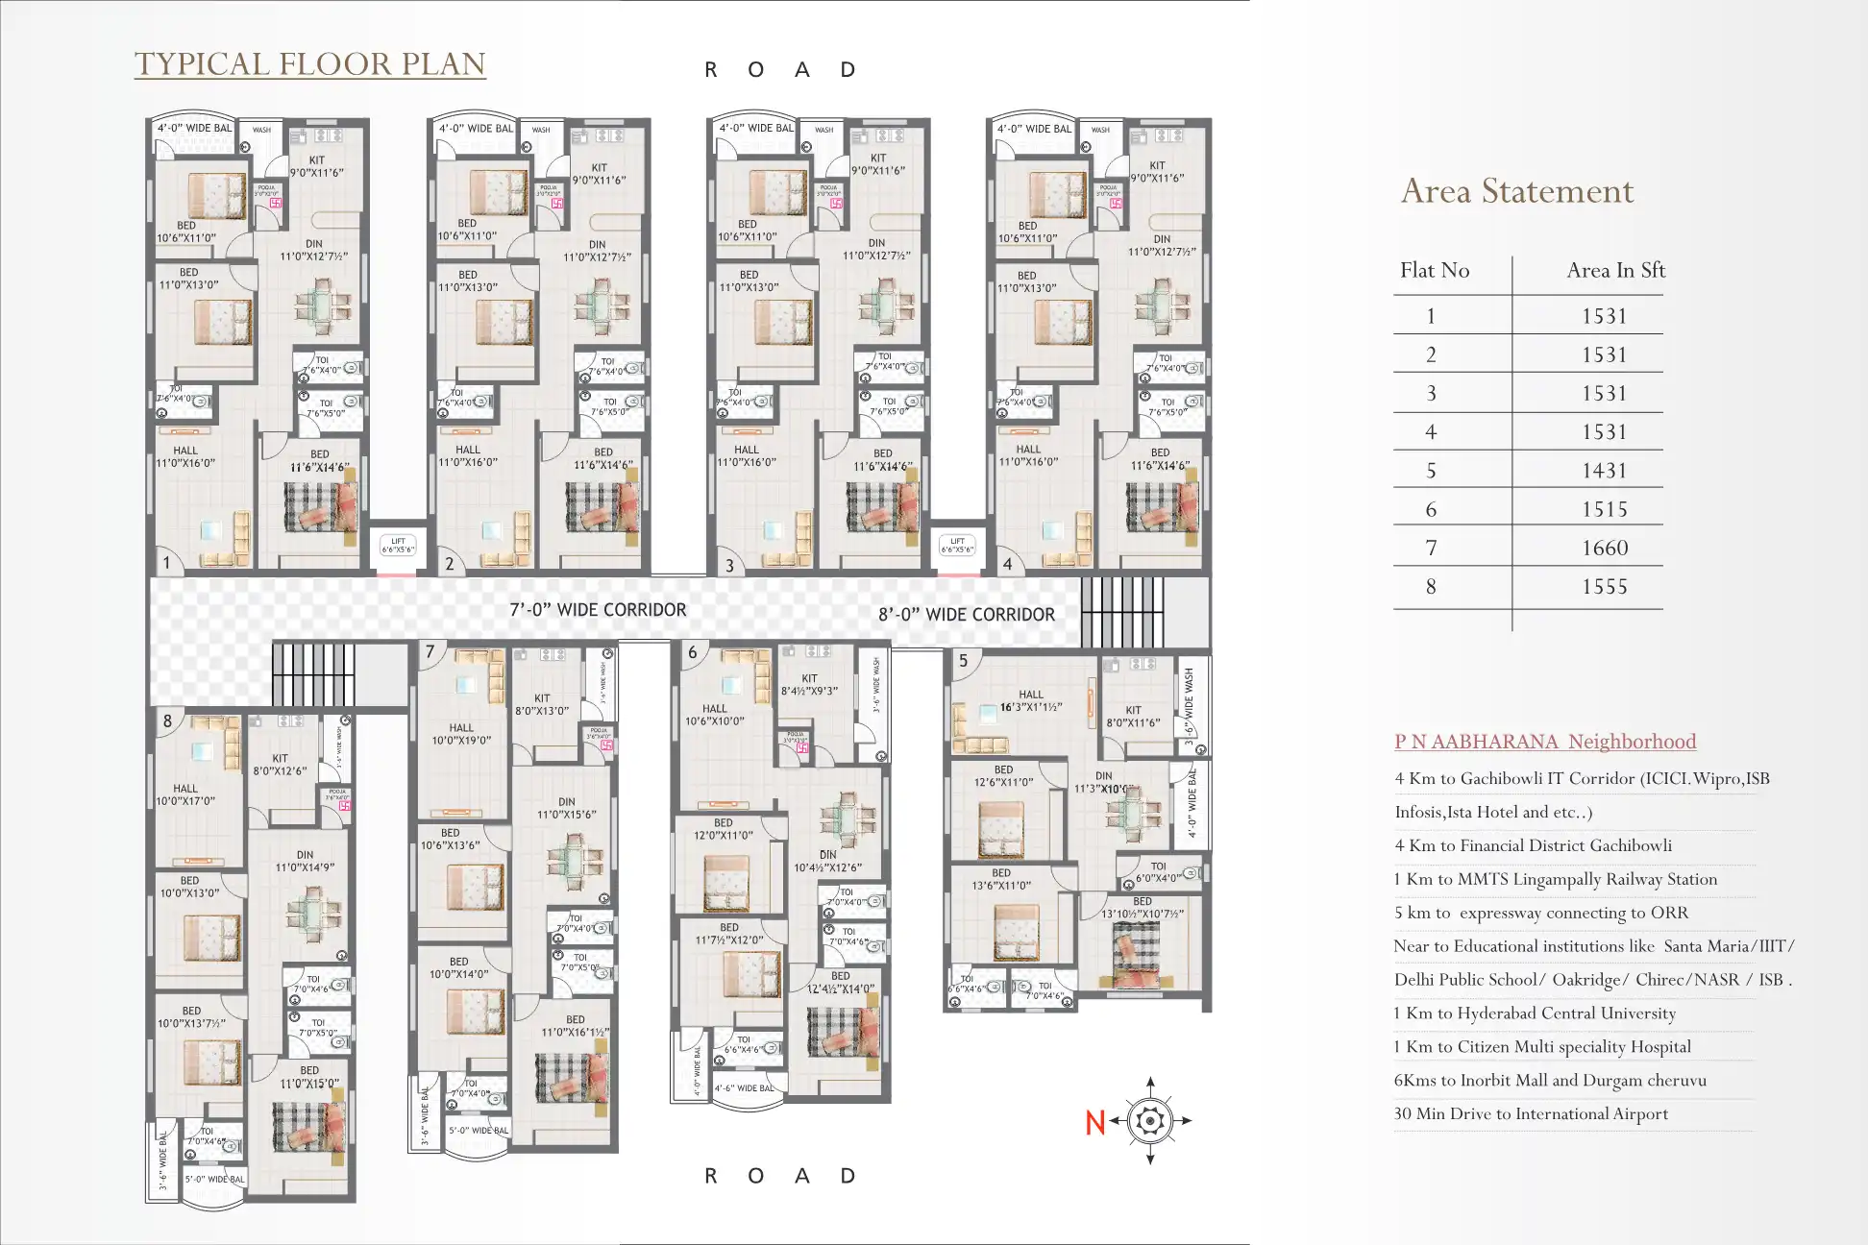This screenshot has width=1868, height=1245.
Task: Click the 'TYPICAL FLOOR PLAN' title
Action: pyautogui.click(x=309, y=63)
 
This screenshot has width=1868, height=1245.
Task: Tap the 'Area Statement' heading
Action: pyautogui.click(x=1516, y=191)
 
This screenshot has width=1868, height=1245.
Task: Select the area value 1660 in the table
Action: pyautogui.click(x=1605, y=548)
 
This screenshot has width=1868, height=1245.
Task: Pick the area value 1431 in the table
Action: pyautogui.click(x=1605, y=471)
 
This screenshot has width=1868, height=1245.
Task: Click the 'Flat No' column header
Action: pyautogui.click(x=1434, y=271)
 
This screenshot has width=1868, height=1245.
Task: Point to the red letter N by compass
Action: pyautogui.click(x=1094, y=1122)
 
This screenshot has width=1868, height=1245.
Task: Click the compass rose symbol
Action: pyautogui.click(x=1150, y=1121)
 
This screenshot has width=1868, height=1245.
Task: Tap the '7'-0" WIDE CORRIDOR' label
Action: pyautogui.click(x=598, y=610)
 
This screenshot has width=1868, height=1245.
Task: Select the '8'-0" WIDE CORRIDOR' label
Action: pyautogui.click(x=966, y=615)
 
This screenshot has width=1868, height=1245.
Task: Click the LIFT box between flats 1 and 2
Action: pyautogui.click(x=398, y=546)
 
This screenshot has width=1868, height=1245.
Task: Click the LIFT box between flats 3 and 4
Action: pyautogui.click(x=957, y=546)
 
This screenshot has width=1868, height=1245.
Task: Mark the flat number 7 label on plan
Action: pyautogui.click(x=430, y=652)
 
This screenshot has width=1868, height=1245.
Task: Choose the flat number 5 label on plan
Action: pyautogui.click(x=964, y=661)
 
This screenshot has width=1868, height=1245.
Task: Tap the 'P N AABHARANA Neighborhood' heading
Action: pyautogui.click(x=1544, y=742)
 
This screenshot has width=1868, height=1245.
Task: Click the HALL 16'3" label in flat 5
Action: pyautogui.click(x=1030, y=701)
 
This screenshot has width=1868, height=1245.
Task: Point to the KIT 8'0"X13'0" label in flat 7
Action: pyautogui.click(x=542, y=705)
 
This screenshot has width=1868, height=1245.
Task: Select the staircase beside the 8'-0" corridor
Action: pyautogui.click(x=1121, y=611)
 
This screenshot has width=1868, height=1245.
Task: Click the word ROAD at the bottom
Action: pyautogui.click(x=779, y=1176)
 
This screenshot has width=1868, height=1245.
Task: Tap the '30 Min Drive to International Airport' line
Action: pyautogui.click(x=1530, y=1114)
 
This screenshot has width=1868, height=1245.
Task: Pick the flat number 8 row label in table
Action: pyautogui.click(x=1431, y=587)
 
